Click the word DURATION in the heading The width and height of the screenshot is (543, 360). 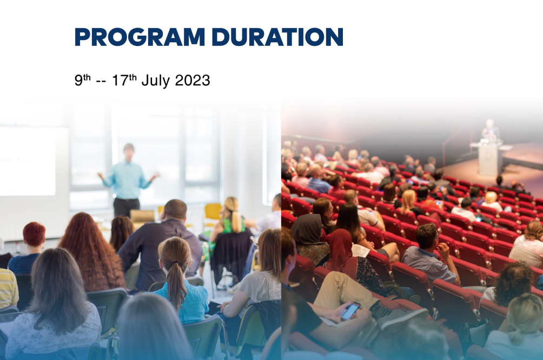click(x=277, y=37)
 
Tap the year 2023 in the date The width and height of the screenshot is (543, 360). click(x=193, y=81)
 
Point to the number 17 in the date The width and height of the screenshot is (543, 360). click(x=120, y=81)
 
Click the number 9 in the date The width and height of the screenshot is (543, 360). click(x=78, y=81)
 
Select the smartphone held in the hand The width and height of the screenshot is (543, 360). click(x=350, y=311)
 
